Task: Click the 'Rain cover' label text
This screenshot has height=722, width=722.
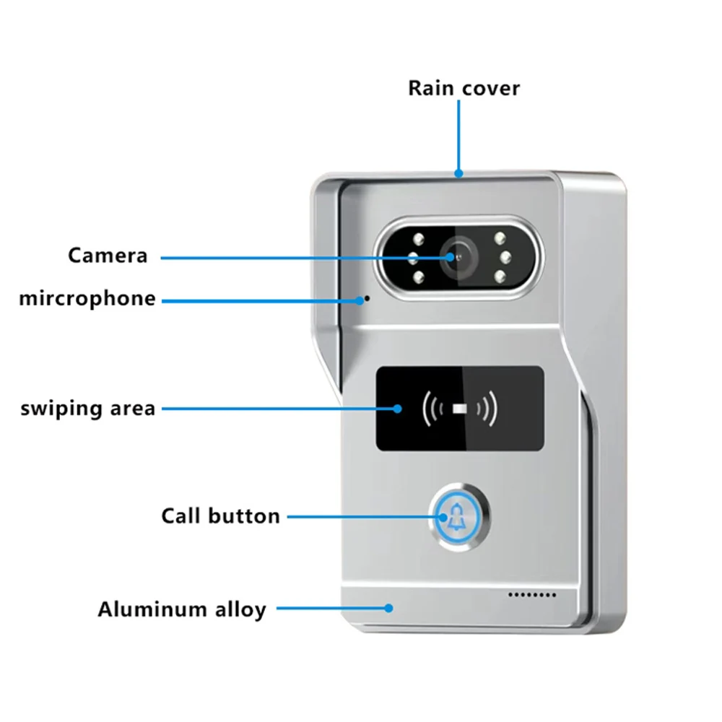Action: [x=464, y=88]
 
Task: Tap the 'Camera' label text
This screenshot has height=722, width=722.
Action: [x=108, y=255]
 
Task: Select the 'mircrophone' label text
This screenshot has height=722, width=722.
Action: [x=87, y=298]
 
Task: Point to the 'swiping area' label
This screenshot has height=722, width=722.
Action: [x=87, y=408]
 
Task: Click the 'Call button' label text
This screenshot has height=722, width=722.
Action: [x=220, y=516]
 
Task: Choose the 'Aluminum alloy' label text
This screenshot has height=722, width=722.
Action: [x=182, y=609]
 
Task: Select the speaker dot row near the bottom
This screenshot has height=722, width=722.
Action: [x=534, y=595]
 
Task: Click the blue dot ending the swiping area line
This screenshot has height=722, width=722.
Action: [x=396, y=409]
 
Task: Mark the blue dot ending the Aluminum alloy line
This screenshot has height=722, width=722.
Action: [x=389, y=609]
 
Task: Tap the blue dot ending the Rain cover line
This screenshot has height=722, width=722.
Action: [x=458, y=173]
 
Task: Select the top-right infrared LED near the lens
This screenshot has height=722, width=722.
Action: [x=498, y=238]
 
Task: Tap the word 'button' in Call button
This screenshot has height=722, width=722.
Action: [x=244, y=516]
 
